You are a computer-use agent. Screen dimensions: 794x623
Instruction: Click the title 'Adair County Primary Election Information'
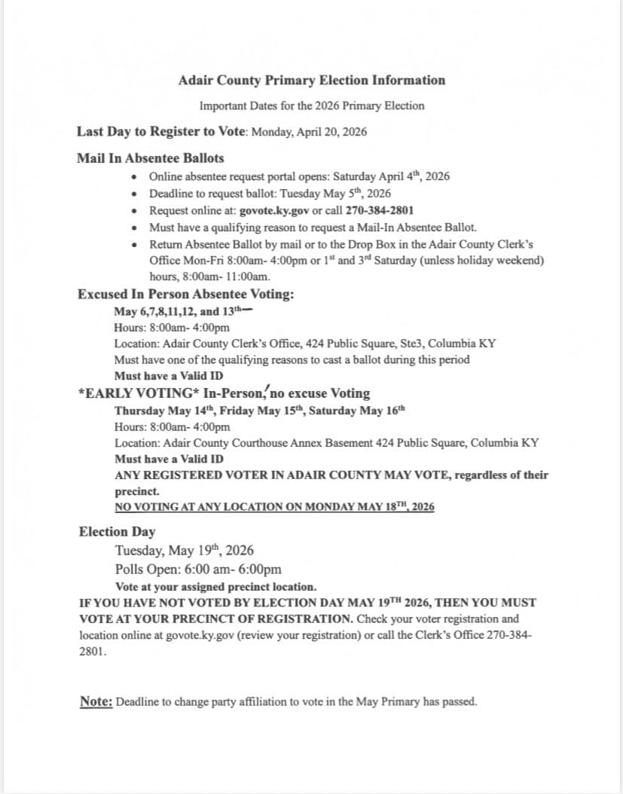coord(312,80)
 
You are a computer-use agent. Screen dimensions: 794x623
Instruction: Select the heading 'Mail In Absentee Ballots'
coord(150,158)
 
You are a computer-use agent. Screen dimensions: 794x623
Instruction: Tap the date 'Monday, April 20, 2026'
coord(309,132)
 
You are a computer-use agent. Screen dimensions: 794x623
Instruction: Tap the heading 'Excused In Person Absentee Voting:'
coord(186,294)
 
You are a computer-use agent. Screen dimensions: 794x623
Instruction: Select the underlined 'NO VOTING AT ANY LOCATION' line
coord(274,507)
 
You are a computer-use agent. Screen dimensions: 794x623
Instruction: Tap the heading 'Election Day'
coord(117,532)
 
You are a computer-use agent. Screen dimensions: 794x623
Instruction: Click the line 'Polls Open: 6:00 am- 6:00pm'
coord(198,569)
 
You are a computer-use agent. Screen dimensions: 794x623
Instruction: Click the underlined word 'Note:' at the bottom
coord(96,701)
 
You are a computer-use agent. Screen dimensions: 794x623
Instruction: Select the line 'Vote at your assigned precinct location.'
coord(215,587)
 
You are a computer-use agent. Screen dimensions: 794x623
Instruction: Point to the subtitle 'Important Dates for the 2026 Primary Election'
coord(312,105)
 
